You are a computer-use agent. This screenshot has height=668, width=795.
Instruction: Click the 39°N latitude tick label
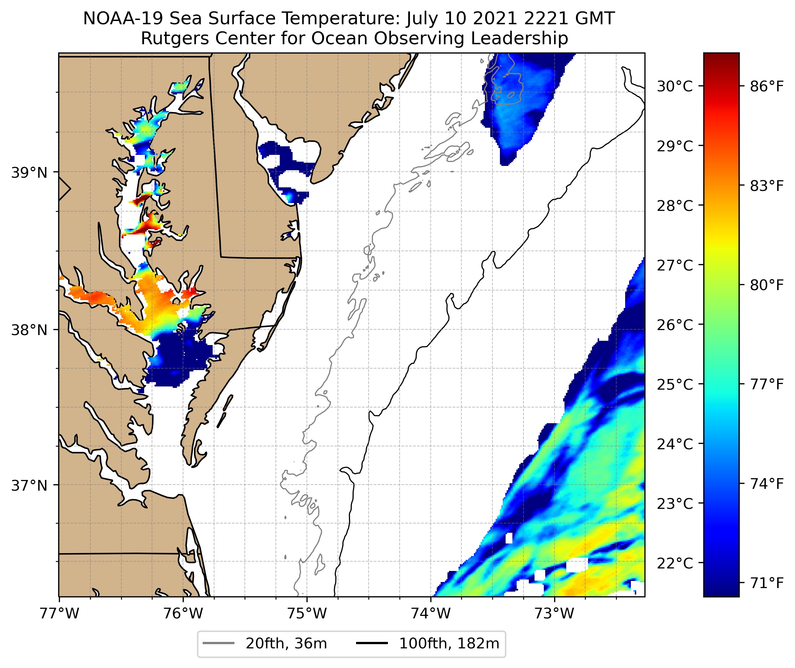[29, 173]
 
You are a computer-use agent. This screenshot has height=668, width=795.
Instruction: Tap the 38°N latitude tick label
[29, 330]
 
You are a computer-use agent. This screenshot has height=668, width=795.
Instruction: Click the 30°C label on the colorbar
[675, 86]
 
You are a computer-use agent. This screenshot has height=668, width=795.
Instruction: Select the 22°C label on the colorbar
[675, 563]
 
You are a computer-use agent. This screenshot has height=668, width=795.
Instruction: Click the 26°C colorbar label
[675, 325]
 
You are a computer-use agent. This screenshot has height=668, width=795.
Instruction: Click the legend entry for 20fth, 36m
[286, 643]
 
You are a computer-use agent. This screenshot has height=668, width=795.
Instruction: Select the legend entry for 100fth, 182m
[449, 643]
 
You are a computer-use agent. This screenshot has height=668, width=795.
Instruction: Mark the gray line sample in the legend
[218, 643]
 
